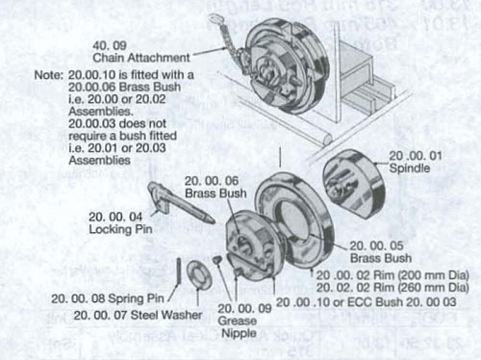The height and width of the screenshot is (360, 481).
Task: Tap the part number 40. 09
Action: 107,45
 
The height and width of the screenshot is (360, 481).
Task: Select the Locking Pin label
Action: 115,228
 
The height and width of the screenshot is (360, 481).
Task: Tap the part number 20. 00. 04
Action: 114,216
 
